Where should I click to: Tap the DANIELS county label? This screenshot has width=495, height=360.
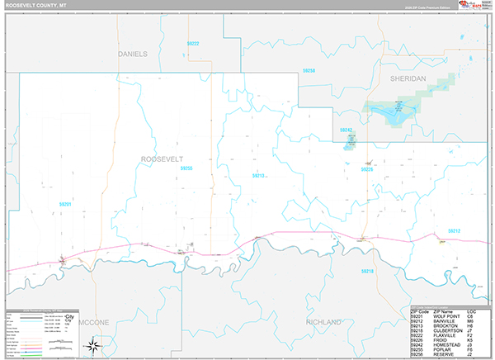(132, 54)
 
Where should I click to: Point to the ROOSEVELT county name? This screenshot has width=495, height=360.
(161, 158)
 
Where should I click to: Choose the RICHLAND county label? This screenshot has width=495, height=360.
(323, 321)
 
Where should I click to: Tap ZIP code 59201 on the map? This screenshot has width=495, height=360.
(66, 203)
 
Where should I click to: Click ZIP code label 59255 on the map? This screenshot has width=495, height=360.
(186, 168)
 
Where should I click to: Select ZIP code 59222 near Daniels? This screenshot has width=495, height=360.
(193, 43)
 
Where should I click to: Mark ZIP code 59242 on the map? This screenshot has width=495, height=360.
(346, 130)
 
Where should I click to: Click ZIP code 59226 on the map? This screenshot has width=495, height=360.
(367, 169)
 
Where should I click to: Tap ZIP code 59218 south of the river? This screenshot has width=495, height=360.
(367, 271)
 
